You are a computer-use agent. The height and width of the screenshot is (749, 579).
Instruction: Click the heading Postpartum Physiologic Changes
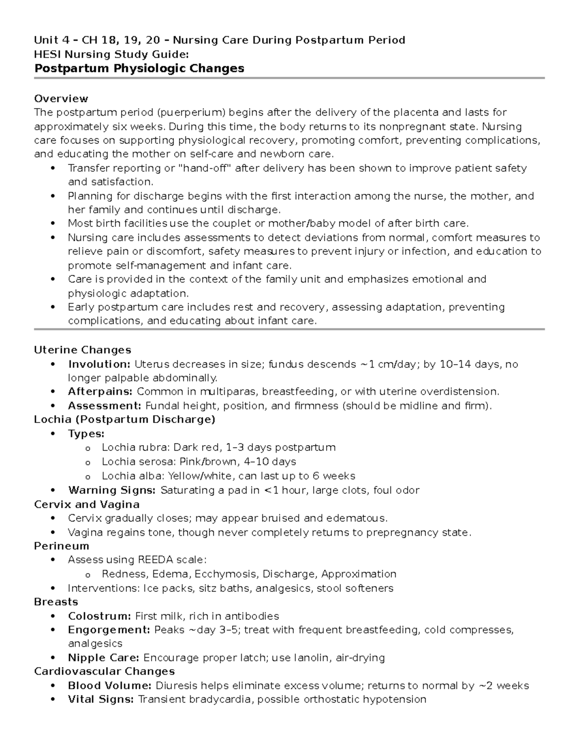[x=139, y=68]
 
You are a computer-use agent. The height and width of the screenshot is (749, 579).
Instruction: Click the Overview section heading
[x=61, y=99]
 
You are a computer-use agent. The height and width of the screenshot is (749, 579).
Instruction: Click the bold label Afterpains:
[x=101, y=392]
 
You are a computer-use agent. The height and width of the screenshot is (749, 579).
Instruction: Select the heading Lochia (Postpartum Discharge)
[x=124, y=420]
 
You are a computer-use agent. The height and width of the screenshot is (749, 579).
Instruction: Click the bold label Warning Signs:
[x=112, y=490]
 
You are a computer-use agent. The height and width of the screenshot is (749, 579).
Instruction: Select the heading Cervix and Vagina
[x=87, y=504]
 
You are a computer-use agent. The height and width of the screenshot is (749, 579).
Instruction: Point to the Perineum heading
[x=61, y=546]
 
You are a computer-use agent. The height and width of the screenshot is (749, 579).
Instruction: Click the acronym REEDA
[x=157, y=560]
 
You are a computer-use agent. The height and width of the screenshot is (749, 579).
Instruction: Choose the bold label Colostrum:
[x=99, y=616]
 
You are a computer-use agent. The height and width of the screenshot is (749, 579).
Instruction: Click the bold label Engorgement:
[x=109, y=630]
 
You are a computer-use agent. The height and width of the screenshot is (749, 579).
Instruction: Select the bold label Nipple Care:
[x=104, y=658]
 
